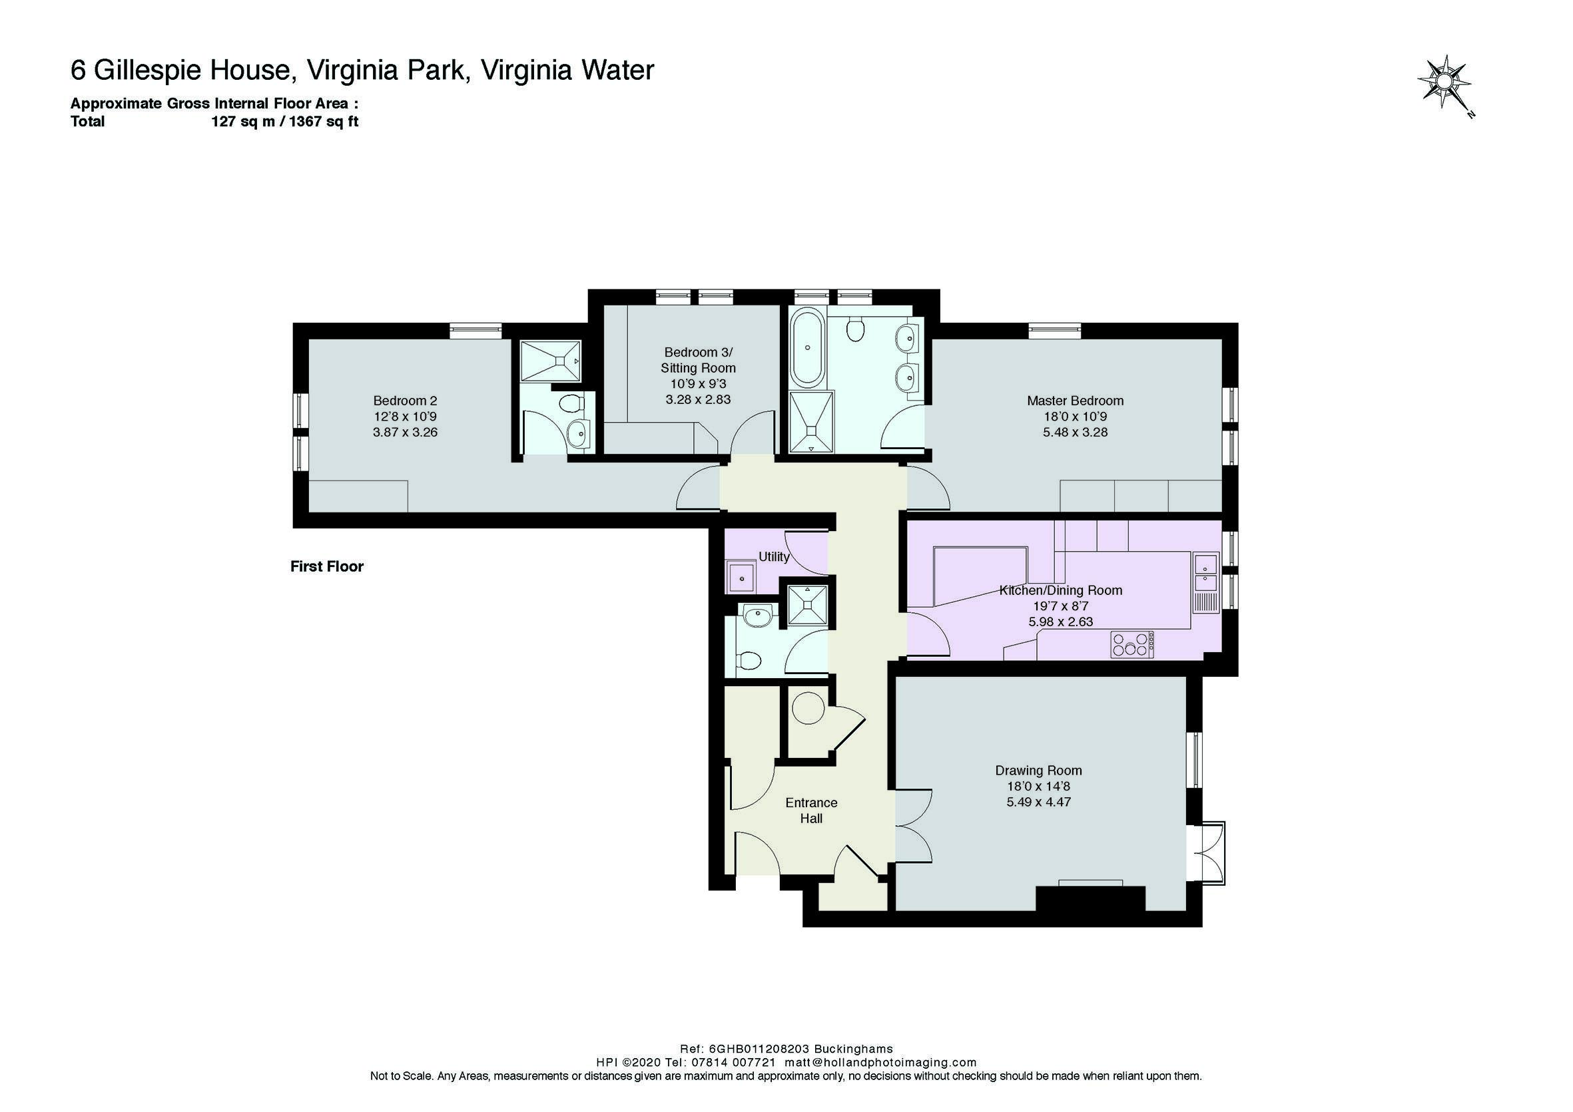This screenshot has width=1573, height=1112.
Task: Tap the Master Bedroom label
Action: pos(1075,401)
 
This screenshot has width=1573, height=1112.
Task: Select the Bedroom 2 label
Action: pos(405,401)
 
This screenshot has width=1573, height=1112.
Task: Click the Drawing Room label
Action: pos(1039,771)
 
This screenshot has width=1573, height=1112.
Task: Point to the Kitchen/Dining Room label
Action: pos(1060,590)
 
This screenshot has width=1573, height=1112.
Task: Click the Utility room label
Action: pos(774,557)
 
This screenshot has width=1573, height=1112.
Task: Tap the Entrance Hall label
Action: pos(811,810)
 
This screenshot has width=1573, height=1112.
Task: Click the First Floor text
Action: pos(327,566)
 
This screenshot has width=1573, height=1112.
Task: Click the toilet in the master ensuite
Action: pos(854,330)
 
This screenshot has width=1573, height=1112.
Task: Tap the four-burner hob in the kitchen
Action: pos(1131,644)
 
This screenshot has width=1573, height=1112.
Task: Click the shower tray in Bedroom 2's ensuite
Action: pos(551,361)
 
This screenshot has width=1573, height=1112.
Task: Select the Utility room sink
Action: pos(741,576)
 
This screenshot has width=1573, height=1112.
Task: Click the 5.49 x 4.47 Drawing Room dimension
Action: pos(1039,802)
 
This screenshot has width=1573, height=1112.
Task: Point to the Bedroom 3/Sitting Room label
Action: pos(698,360)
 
